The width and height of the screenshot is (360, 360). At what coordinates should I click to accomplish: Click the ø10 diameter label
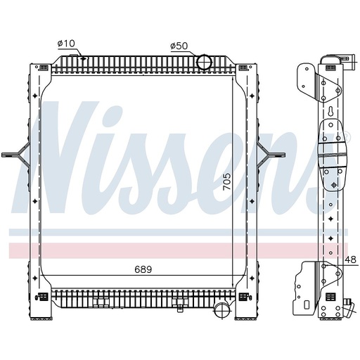(x=66, y=44)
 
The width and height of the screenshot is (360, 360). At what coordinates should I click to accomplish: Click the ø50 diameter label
(x=180, y=46)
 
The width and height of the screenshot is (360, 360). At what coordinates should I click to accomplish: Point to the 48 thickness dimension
(x=351, y=260)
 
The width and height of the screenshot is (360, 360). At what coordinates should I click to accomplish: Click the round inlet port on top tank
(x=204, y=62)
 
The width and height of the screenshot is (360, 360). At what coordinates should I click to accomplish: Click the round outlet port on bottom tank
(x=223, y=309)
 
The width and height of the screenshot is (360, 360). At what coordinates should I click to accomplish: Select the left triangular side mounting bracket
(x=17, y=150)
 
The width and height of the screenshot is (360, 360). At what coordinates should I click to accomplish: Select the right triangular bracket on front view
(x=268, y=150)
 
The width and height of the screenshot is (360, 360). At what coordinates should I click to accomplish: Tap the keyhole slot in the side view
(x=328, y=112)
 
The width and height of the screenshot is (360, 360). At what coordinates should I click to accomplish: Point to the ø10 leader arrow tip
(x=84, y=56)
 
